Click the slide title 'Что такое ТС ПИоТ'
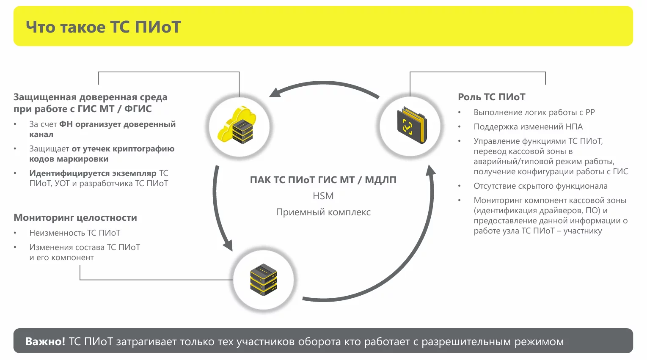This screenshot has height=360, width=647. (x=103, y=27)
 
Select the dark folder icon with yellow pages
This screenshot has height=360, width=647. (x=412, y=125)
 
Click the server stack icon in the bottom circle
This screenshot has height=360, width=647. (x=264, y=280)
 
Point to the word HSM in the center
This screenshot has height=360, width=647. (x=323, y=196)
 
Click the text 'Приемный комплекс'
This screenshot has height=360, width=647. (x=323, y=212)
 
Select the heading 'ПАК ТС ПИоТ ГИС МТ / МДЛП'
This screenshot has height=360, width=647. (x=323, y=180)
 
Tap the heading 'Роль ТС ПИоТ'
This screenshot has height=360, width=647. (x=492, y=97)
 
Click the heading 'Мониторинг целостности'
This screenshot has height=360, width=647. (x=75, y=218)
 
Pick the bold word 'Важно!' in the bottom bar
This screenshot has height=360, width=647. (x=45, y=341)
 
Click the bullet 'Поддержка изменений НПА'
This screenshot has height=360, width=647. (x=528, y=126)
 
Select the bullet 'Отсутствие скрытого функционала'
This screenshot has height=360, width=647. (x=540, y=186)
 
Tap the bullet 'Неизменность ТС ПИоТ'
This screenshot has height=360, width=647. (x=75, y=233)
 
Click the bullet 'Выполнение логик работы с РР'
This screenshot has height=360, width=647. (x=534, y=112)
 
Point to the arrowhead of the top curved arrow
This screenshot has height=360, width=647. (x=275, y=93)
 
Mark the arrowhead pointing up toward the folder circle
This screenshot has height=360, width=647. (x=431, y=170)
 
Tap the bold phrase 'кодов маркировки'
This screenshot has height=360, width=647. (x=69, y=159)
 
